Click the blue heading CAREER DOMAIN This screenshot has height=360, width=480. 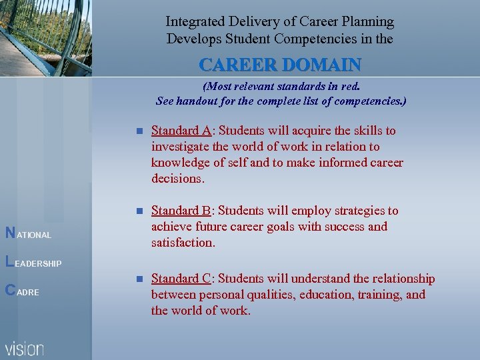[280, 65]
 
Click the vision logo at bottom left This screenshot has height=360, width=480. [25, 349]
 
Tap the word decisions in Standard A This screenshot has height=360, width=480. [177, 179]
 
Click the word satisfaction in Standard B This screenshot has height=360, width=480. [183, 243]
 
